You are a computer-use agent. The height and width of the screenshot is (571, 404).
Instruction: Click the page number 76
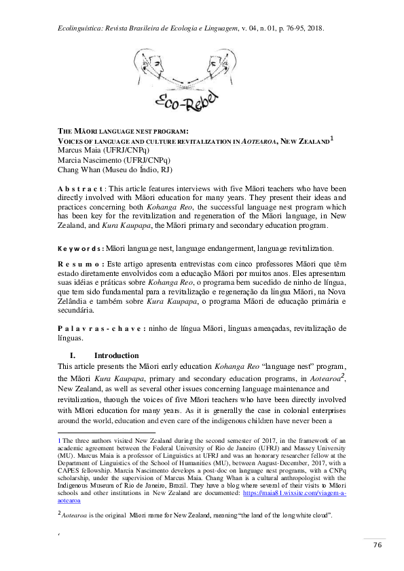[x=377, y=547]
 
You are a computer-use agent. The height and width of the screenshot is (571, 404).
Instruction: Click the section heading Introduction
[x=116, y=355]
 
